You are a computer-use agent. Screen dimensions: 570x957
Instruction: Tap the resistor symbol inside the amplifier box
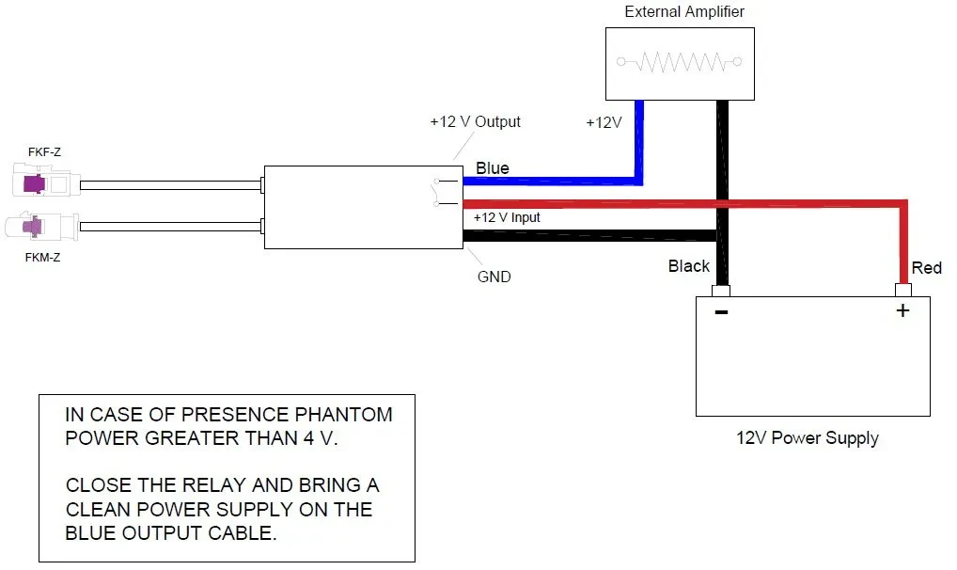[679, 62]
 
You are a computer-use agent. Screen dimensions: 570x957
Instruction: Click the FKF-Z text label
[44, 150]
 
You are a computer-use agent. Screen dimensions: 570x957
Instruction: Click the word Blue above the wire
[493, 168]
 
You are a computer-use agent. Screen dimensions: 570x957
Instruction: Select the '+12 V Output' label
[475, 122]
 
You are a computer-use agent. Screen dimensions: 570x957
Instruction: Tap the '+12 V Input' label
[507, 217]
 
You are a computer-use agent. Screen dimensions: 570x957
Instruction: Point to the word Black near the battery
[688, 266]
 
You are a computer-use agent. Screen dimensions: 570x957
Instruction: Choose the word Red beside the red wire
[926, 268]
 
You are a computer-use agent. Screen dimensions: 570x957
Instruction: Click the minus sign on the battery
[721, 311]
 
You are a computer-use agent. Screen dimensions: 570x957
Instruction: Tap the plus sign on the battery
[902, 311]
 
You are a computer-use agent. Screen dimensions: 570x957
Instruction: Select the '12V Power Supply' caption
[807, 438]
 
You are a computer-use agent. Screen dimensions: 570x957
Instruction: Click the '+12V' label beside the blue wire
[603, 123]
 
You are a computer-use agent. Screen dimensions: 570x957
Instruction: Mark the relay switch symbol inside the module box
[434, 191]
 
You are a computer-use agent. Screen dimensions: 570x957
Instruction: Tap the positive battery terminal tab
[902, 290]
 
